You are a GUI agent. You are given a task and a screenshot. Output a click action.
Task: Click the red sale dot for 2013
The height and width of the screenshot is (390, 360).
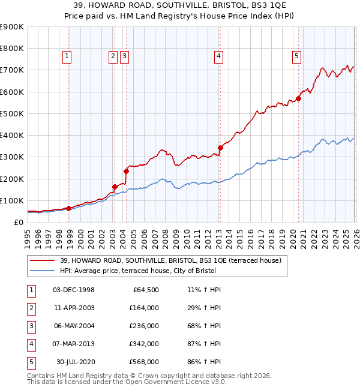point(220,148)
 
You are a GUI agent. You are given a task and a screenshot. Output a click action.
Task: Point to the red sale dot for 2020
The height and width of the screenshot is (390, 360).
point(298,99)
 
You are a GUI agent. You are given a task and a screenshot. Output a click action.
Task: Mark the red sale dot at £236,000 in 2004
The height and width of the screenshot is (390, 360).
point(126,171)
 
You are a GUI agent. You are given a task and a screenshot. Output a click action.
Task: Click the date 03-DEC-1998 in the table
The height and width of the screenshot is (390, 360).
point(73,290)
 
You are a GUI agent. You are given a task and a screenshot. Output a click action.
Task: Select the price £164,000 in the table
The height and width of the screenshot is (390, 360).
point(143,308)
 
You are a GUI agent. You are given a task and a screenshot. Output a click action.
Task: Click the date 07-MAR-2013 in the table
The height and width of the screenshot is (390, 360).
point(73,344)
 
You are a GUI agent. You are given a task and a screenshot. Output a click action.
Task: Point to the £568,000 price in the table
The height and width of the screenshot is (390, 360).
point(143,362)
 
